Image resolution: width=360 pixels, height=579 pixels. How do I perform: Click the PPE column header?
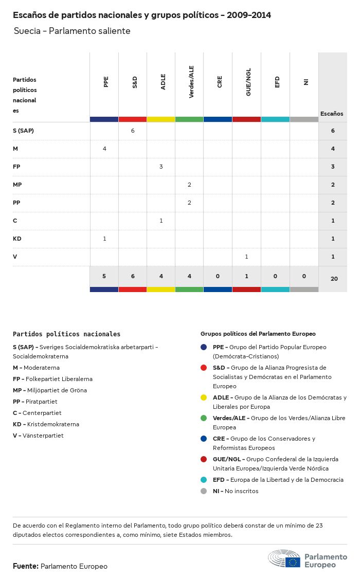[106, 82]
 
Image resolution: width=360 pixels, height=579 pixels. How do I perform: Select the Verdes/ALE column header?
[191, 82]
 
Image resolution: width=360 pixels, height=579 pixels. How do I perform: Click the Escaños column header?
[332, 114]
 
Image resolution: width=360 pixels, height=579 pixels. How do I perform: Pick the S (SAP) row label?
[23, 131]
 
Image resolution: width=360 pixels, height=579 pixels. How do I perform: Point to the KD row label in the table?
[17, 239]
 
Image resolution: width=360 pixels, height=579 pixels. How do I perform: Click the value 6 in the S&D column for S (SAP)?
[133, 131]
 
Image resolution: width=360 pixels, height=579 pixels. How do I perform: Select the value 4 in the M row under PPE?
[104, 149]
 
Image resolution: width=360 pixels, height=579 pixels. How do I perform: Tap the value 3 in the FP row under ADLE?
[161, 167]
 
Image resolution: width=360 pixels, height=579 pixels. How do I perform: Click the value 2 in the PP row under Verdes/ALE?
[189, 203]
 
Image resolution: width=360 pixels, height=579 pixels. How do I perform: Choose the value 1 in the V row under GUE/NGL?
[246, 257]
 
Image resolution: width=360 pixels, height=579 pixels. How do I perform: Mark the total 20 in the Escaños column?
[334, 279]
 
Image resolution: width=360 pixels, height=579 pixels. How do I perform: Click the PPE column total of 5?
[104, 276]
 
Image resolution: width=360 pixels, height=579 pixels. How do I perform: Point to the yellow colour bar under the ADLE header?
[161, 119]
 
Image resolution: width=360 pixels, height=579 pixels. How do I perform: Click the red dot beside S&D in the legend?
[204, 368]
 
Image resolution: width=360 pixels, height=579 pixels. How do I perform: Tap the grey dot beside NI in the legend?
[204, 491]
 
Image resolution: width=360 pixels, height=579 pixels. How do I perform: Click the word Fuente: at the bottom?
[26, 566]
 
